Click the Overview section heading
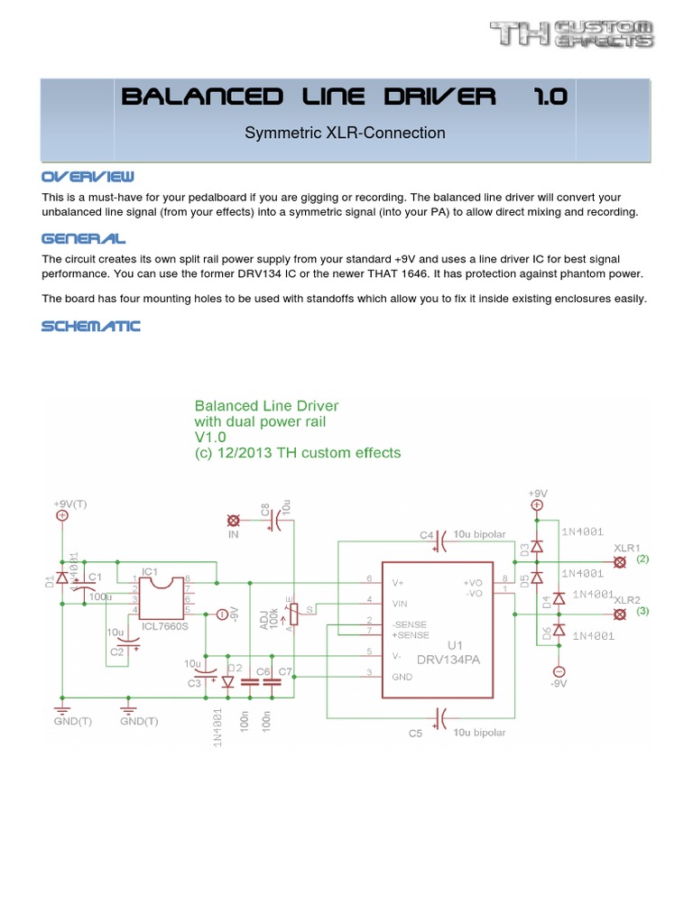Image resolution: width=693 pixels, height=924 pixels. point(88,175)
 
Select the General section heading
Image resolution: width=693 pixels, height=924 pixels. point(84,238)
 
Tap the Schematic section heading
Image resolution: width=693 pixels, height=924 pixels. point(91,326)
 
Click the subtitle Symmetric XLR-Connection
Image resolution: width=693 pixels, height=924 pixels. point(346,133)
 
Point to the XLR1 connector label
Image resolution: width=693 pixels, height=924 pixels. point(627,548)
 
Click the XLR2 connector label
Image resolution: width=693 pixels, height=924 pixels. point(627,600)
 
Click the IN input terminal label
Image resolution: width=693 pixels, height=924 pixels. point(235,535)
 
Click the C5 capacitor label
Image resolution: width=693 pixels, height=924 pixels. point(414,734)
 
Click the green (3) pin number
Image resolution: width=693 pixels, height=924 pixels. point(642,612)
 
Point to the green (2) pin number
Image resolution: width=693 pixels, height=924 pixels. point(642,559)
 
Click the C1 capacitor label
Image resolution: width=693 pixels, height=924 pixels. point(94,576)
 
